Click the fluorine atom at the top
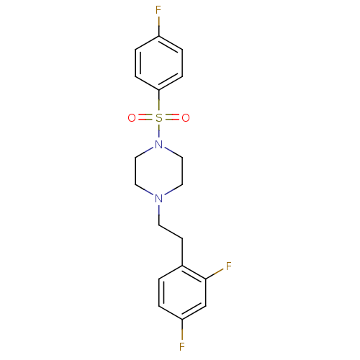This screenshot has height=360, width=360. [158, 10]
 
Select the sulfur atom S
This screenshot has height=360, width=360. [158, 118]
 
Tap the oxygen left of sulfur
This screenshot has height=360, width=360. [132, 118]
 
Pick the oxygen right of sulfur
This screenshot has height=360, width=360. [186, 118]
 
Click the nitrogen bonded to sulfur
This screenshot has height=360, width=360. [158, 145]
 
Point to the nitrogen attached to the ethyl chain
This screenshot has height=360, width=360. [158, 199]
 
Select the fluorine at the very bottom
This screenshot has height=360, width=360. [182, 347]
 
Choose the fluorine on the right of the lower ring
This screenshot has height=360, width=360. [229, 266]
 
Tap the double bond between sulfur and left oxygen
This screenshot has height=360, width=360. [145, 118]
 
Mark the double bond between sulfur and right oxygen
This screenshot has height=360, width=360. [172, 118]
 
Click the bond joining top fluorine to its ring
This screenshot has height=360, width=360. [158, 26]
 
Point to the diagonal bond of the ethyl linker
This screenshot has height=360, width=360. [171, 232]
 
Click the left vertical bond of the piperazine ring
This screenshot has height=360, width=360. [135, 171]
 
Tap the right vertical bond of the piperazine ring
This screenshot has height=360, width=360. [182, 171]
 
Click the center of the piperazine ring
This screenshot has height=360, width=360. [158, 171]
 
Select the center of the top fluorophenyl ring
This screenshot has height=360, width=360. [158, 63]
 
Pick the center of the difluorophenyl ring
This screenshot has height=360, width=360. [182, 293]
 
